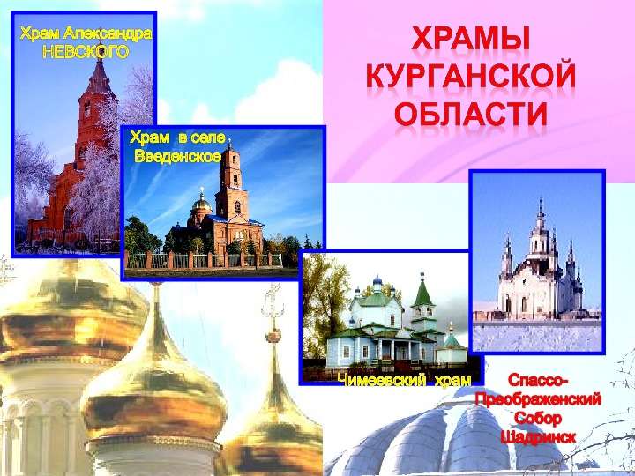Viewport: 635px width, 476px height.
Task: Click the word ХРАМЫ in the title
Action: point(472,38)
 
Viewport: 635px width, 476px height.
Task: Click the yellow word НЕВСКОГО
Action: point(86,51)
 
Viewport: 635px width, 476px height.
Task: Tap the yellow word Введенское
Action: point(178,156)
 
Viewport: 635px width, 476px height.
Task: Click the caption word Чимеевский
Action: point(382,381)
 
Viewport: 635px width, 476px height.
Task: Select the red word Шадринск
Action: point(538,437)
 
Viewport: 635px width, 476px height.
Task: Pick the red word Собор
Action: point(538,419)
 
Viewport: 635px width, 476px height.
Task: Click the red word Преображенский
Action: point(538,400)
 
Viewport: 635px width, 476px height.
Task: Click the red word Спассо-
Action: point(538,381)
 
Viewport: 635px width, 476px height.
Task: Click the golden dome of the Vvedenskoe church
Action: point(201,203)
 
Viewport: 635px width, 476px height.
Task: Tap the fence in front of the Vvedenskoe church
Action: point(204,260)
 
